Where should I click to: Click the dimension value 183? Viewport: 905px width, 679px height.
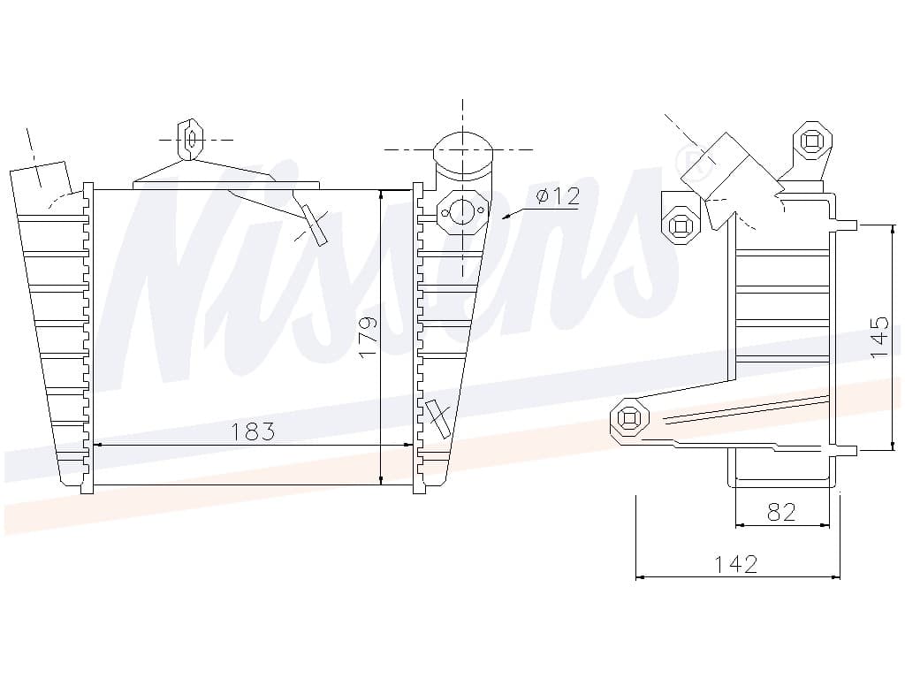(x=253, y=431)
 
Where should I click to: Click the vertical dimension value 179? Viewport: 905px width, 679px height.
(x=368, y=337)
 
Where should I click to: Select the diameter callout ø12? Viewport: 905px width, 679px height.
(x=558, y=196)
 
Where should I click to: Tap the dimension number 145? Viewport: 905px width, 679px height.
(x=879, y=337)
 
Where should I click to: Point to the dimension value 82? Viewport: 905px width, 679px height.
(x=781, y=512)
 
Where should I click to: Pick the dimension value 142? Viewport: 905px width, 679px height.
(x=736, y=563)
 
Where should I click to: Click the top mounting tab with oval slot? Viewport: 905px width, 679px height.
(x=191, y=139)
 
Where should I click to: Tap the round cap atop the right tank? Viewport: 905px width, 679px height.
(x=463, y=154)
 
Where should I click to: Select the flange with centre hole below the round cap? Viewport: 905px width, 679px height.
(x=462, y=212)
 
